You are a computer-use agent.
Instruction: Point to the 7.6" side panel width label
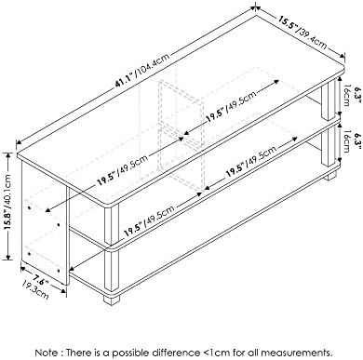click(41, 280)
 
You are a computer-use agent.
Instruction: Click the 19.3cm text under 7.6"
click(34, 289)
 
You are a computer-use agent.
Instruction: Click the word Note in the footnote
click(47, 353)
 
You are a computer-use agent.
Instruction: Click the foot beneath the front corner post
click(112, 300)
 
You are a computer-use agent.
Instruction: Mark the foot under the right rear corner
click(330, 175)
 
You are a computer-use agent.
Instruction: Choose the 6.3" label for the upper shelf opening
click(358, 96)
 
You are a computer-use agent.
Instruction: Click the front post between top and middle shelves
click(112, 226)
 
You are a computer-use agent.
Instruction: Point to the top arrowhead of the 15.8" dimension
click(8, 155)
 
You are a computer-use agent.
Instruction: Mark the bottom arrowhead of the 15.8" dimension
click(8, 257)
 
